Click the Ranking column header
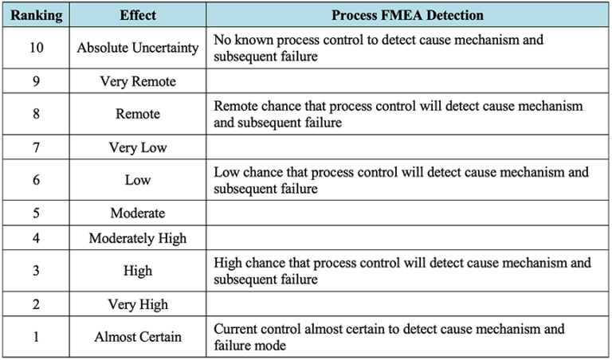pyautogui.click(x=35, y=15)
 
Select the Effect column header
pyautogui.click(x=137, y=15)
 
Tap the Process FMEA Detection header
pyautogui.click(x=406, y=15)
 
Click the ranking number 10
pyautogui.click(x=35, y=48)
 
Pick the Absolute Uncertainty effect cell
pyautogui.click(x=137, y=48)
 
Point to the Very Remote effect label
pyautogui.click(x=137, y=81)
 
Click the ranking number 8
pyautogui.click(x=35, y=114)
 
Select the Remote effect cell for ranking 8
pyautogui.click(x=137, y=114)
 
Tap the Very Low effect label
pyautogui.click(x=137, y=147)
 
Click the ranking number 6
pyautogui.click(x=35, y=180)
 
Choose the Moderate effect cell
pyautogui.click(x=137, y=213)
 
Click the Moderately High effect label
pyautogui.click(x=137, y=238)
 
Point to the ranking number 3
pyautogui.click(x=35, y=271)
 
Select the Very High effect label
pyautogui.click(x=137, y=304)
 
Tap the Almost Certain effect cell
pyautogui.click(x=137, y=337)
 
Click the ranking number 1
pyautogui.click(x=35, y=337)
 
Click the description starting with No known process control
pyautogui.click(x=378, y=48)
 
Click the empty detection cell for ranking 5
pyautogui.click(x=406, y=213)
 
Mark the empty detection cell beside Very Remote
pyautogui.click(x=406, y=81)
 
